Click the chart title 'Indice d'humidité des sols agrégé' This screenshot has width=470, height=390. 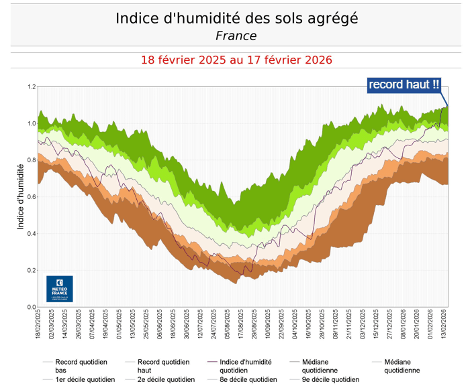236,18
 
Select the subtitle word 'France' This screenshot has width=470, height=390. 236,36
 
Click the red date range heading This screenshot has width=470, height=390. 236,60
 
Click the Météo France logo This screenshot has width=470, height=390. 60,289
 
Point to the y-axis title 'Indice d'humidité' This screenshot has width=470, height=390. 21,196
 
